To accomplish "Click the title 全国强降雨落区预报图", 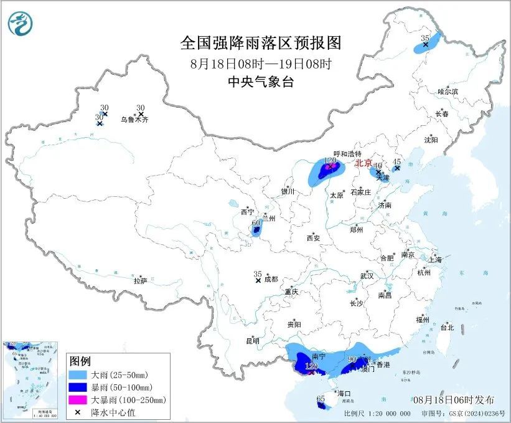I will (x=261, y=43).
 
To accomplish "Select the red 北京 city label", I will (x=363, y=163).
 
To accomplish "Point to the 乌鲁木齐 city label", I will (x=135, y=119).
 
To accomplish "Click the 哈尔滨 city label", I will (x=447, y=92).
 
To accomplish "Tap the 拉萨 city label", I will (x=140, y=281).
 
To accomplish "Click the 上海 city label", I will (x=437, y=259).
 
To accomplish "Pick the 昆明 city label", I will (x=251, y=341).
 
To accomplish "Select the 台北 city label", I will (x=446, y=328).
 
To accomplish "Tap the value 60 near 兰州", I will (x=255, y=223).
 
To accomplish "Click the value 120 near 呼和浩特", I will (x=330, y=161).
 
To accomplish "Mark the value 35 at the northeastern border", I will (x=425, y=39).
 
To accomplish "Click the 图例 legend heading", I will (x=80, y=362).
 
